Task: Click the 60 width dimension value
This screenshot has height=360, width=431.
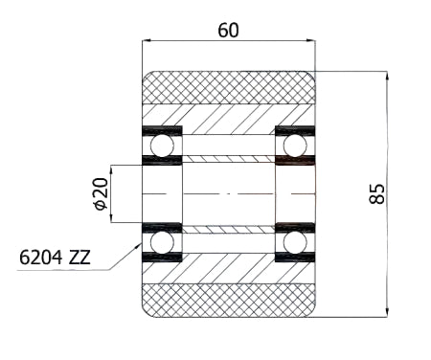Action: pyautogui.click(x=228, y=31)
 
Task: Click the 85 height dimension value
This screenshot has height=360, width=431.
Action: pyautogui.click(x=377, y=193)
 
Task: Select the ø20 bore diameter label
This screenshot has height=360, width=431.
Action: pyautogui.click(x=102, y=193)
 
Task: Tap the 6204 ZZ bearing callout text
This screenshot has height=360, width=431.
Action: pyautogui.click(x=55, y=258)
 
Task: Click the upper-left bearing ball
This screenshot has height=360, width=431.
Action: pyautogui.click(x=162, y=146)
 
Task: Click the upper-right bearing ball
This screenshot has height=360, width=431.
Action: pyautogui.click(x=295, y=146)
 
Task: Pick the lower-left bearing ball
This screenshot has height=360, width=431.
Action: pyautogui.click(x=162, y=242)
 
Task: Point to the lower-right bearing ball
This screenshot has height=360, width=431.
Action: pyautogui.click(x=295, y=242)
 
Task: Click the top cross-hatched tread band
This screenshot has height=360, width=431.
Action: pyautogui.click(x=229, y=87)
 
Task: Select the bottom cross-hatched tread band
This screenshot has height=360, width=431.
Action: pyautogui.click(x=229, y=301)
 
